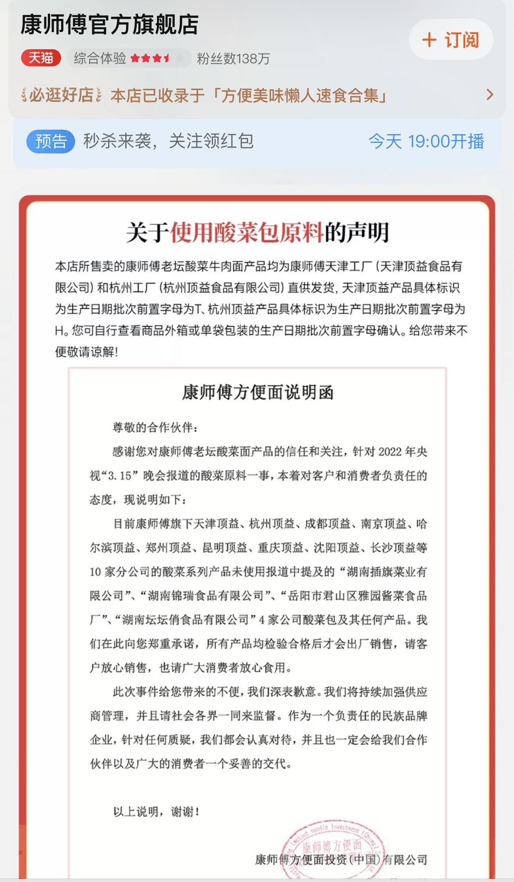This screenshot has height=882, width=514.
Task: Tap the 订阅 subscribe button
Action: coord(451,40)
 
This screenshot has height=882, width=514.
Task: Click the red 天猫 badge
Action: coord(41,58)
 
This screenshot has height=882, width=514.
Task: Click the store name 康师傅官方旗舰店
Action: coord(109,25)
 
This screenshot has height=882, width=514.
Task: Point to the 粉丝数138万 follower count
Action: coord(233,58)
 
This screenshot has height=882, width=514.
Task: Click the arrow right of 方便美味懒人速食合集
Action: coord(490,94)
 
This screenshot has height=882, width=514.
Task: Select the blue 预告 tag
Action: coord(51,142)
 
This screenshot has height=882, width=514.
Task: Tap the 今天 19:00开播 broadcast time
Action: coord(426,142)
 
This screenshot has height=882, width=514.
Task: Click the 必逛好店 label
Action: coord(62,95)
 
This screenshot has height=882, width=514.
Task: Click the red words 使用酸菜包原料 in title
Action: coord(247,232)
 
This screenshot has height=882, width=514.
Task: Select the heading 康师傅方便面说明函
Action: coord(258,392)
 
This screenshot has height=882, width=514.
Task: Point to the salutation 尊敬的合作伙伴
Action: coord(155,427)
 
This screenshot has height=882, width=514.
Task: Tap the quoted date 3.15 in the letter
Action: coord(119,476)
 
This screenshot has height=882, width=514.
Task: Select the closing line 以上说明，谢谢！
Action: coord(156,812)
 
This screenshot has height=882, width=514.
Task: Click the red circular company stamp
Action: coord(334,850)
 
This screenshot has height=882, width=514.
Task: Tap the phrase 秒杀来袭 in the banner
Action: coord(117,142)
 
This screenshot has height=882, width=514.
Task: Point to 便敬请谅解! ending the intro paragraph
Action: coord(87,352)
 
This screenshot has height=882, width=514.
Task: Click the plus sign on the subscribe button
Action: coord(429,40)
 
